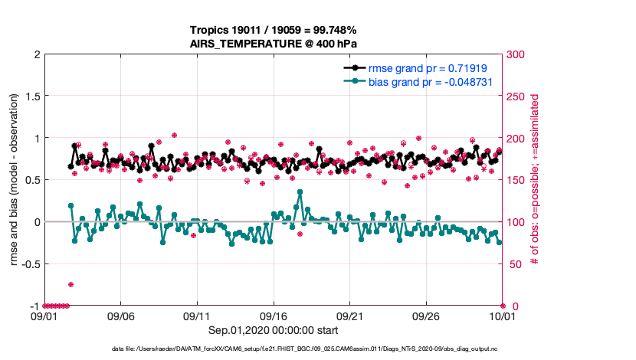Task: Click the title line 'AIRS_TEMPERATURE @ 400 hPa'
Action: click(x=274, y=44)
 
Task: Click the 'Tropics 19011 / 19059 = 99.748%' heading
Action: click(x=274, y=31)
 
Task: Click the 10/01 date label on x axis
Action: click(x=502, y=316)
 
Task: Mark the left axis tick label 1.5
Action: click(x=32, y=97)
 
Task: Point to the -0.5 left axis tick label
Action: click(x=30, y=264)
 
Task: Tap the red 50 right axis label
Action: click(x=513, y=264)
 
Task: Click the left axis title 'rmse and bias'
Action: click(x=15, y=181)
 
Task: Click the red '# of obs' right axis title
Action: click(x=535, y=181)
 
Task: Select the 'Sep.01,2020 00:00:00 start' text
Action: click(x=274, y=329)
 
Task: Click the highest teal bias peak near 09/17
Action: click(x=300, y=192)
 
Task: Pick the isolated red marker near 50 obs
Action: click(x=70, y=284)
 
